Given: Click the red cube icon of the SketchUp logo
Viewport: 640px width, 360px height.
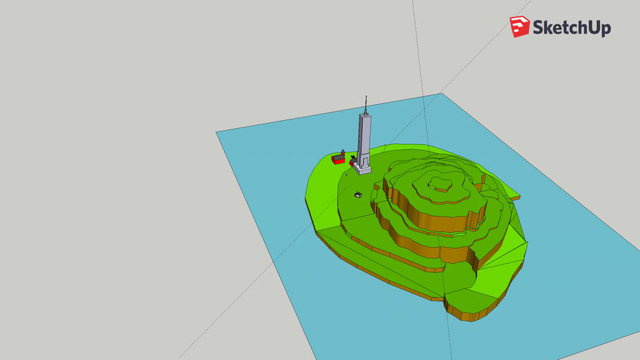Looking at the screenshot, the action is (520, 27).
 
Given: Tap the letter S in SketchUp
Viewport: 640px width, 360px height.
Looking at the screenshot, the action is (539, 27).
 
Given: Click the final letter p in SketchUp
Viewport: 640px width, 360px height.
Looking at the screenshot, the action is (606, 30).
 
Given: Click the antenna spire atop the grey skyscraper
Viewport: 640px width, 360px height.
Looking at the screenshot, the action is (366, 105).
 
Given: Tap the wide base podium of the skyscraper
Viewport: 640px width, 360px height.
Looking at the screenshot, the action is (362, 167).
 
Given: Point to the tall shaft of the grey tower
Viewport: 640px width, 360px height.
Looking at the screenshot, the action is (364, 137).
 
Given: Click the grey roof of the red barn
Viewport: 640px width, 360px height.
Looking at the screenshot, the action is (338, 156).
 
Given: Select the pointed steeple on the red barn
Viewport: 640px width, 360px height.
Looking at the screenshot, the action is (343, 153).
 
